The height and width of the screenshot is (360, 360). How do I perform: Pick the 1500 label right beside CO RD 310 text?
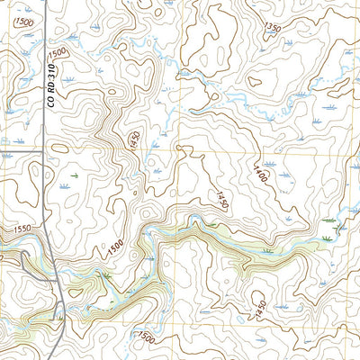(58, 54)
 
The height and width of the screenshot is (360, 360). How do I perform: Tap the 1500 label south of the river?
(147, 337)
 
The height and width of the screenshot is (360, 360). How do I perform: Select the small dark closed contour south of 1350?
(255, 81)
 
